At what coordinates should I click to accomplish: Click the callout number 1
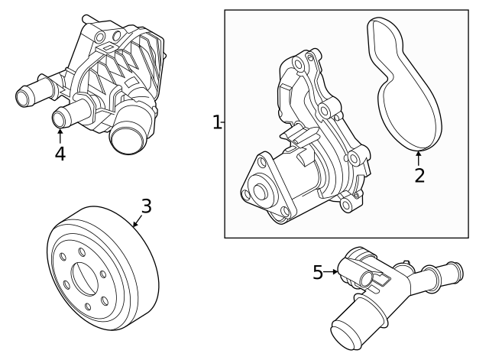coord(217,122)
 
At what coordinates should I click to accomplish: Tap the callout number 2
coord(419,175)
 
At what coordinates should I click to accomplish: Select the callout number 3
coord(146,206)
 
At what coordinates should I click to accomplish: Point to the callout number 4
coord(60,154)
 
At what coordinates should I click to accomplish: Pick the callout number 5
coord(318,272)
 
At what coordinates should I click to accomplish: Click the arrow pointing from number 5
coord(331,271)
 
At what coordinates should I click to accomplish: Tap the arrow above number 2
coord(419,158)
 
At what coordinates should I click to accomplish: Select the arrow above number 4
coord(60,135)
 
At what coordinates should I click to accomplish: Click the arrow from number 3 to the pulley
coord(138,220)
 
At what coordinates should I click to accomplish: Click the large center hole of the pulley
coord(85,279)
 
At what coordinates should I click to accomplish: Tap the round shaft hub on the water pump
coord(261,191)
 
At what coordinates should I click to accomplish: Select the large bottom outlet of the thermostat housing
coord(128,140)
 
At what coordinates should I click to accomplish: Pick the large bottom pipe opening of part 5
coord(347,336)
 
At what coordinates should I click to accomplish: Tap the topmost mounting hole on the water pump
coord(299,64)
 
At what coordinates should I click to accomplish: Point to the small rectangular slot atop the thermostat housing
coord(108,47)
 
